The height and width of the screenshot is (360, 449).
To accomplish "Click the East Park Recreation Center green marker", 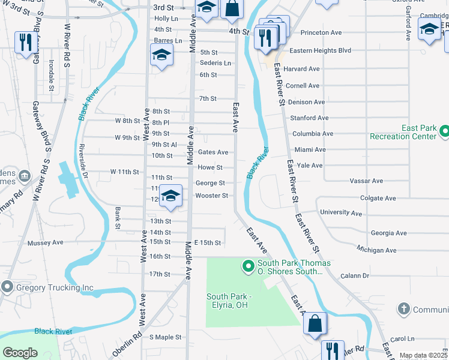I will [x=444, y=131].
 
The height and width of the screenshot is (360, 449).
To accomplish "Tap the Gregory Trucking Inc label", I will [x=55, y=287].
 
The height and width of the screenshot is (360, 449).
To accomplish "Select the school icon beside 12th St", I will [x=171, y=197].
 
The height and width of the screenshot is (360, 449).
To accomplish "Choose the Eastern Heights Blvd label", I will [x=320, y=50].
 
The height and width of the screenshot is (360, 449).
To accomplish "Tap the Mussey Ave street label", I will [x=46, y=243].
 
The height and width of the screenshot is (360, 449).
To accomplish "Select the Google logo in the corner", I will [x=20, y=353].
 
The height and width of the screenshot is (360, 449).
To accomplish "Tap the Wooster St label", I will [x=212, y=196].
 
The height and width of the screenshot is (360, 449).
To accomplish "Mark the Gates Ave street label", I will [x=213, y=152].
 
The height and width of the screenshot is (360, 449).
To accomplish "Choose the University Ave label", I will [x=341, y=213].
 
